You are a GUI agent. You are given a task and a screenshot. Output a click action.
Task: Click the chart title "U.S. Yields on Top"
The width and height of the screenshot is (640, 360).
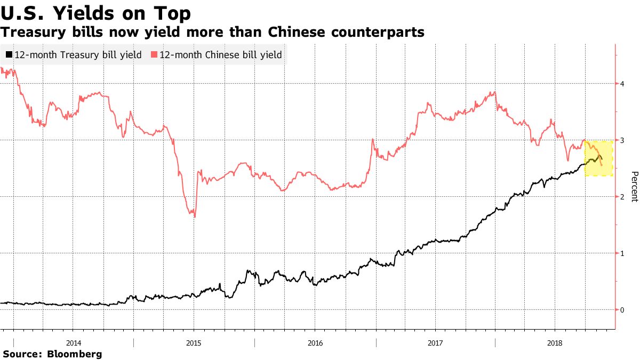click(x=96, y=12)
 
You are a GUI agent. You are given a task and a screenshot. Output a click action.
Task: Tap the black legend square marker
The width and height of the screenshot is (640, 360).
click(x=9, y=55)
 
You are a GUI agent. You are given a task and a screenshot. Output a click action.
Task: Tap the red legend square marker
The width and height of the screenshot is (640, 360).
click(x=154, y=55)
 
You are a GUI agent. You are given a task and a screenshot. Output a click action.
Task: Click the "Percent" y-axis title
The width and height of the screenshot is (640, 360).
click(x=634, y=187)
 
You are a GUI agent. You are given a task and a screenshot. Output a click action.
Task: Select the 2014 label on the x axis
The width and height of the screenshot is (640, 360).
click(x=74, y=342)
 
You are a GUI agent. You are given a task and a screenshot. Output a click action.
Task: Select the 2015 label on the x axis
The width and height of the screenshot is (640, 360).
click(x=194, y=342)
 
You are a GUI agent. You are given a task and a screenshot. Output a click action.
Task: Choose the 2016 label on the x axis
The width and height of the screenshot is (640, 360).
click(x=315, y=342)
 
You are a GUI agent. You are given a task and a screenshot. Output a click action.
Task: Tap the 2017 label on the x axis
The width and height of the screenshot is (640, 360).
click(x=435, y=342)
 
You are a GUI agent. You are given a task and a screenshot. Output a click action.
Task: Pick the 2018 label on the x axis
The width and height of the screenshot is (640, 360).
click(x=555, y=342)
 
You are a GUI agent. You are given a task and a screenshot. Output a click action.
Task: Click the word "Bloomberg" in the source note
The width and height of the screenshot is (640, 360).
click(x=75, y=354)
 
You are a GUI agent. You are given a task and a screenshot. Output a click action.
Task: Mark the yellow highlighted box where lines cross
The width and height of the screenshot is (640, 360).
click(x=598, y=158)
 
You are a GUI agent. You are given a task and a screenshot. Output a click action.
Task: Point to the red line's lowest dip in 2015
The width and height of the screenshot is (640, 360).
click(x=195, y=216)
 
